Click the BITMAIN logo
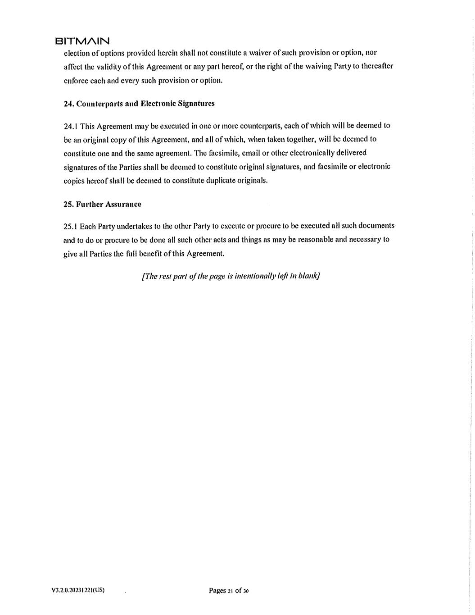[x=82, y=41]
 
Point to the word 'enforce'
[x=75, y=81]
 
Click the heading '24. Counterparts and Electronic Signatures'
[x=139, y=104]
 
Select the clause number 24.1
[x=71, y=126]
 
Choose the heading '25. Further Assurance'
[x=102, y=204]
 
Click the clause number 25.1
[x=71, y=226]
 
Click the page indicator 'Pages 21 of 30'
[x=229, y=591]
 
